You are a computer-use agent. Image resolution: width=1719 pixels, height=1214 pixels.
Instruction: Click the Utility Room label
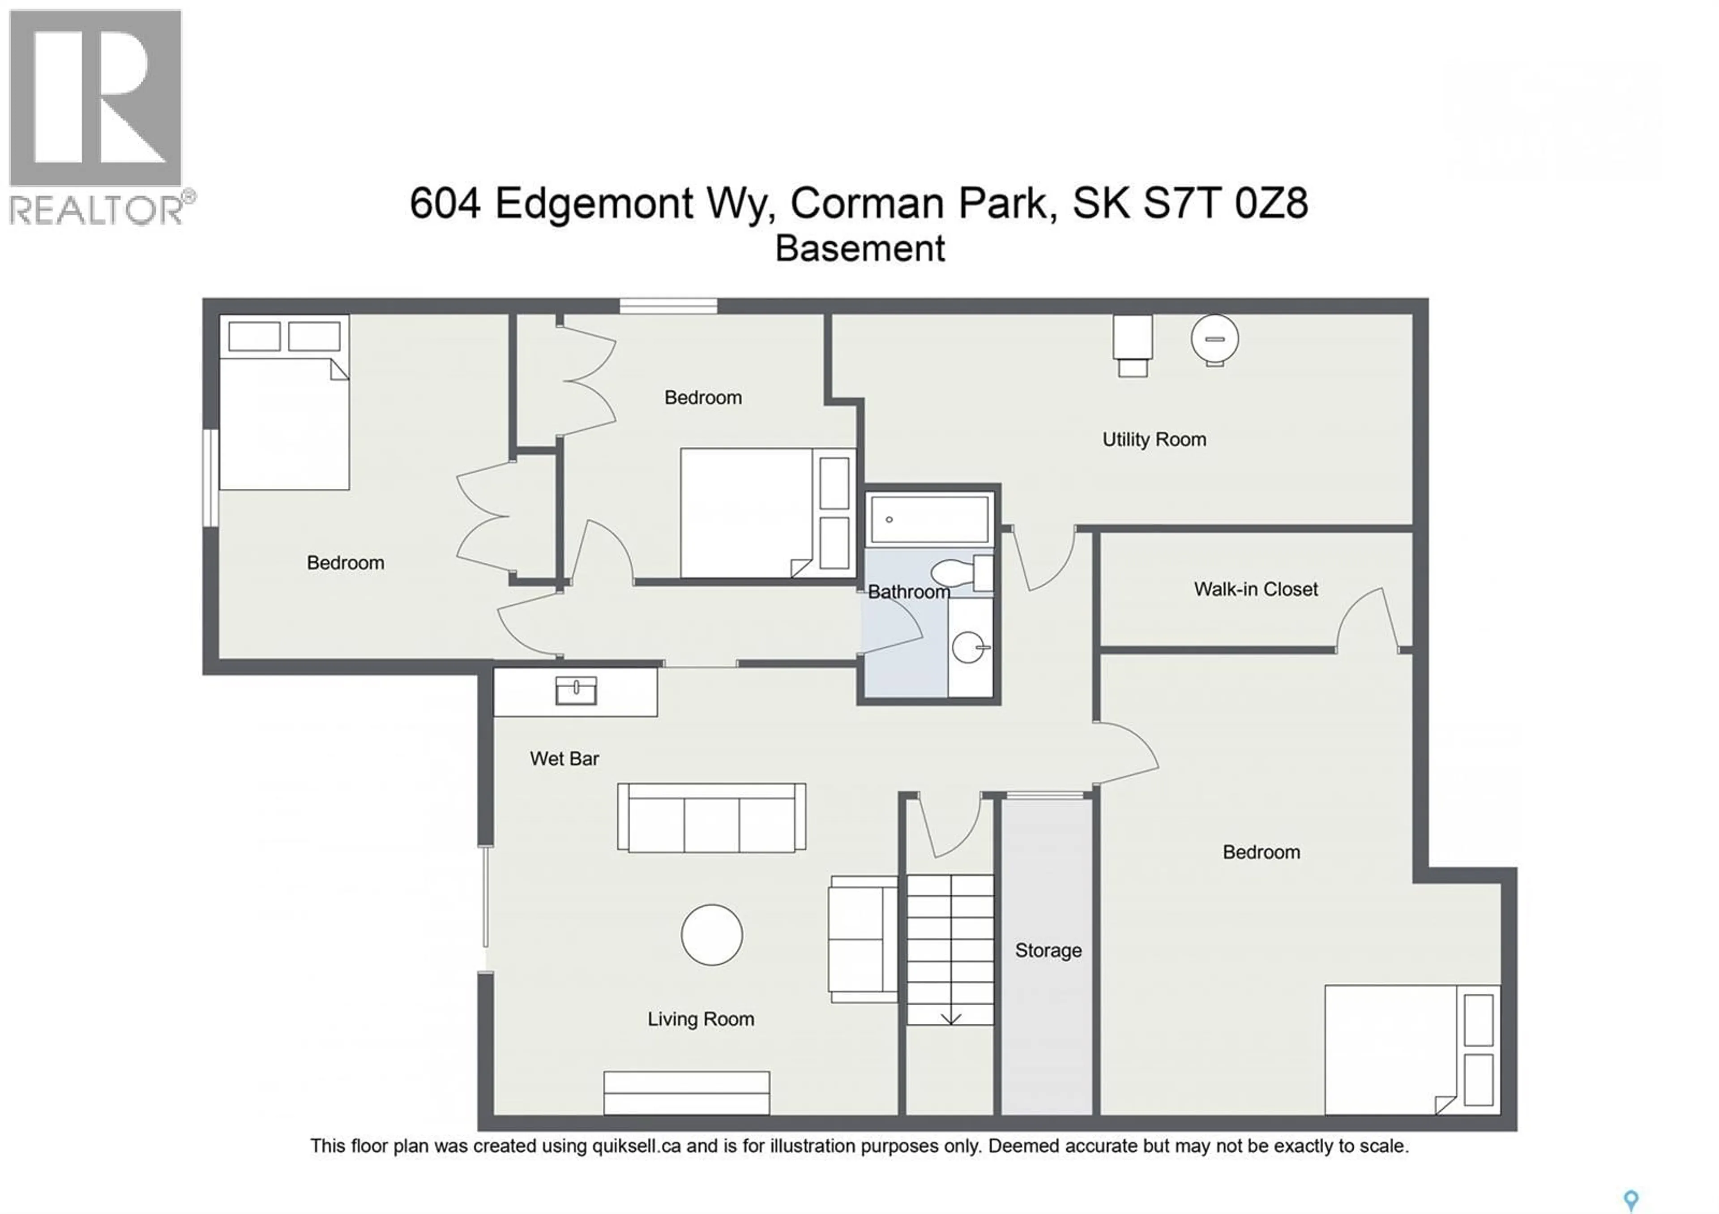point(1154,439)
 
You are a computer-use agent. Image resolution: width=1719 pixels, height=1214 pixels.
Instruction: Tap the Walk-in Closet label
point(1256,589)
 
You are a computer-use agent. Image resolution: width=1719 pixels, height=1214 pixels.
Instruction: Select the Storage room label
point(1048,950)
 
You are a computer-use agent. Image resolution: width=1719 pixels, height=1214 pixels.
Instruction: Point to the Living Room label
point(701,1019)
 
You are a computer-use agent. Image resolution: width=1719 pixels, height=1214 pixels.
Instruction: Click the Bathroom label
point(908,592)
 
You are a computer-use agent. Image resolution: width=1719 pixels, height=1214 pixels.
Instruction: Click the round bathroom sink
point(968,647)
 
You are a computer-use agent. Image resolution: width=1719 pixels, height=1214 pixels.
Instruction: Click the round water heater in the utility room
point(1214,339)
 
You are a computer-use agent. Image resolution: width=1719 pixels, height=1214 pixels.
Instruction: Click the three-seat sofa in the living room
point(711,818)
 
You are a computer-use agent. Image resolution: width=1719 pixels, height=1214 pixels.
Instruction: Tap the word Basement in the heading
point(859,248)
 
